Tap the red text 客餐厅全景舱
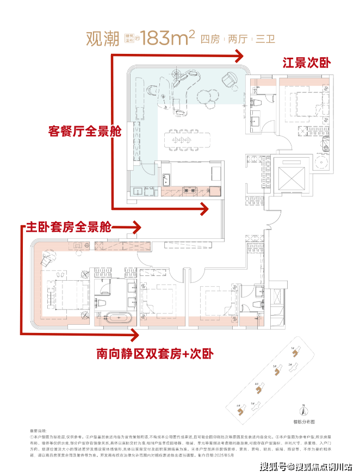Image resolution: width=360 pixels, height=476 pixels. (84, 132)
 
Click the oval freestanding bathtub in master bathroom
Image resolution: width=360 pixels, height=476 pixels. (115, 318)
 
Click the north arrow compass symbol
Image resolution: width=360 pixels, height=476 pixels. (305, 412)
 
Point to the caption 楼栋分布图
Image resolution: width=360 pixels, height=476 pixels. (305, 422)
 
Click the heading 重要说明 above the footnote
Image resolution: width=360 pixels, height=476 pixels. (39, 430)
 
